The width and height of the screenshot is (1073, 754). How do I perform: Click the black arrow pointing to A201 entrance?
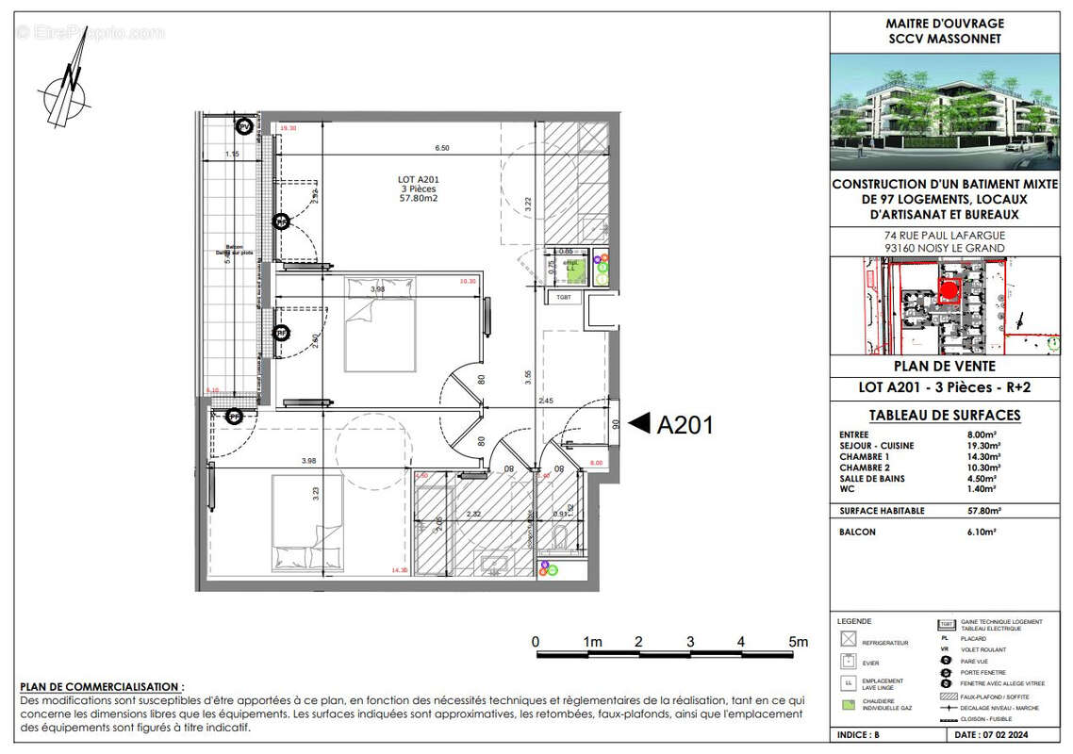coord(640,424)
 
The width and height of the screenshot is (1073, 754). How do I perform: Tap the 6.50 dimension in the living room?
coord(441,148)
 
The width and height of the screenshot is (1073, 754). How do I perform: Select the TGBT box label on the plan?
coord(564,298)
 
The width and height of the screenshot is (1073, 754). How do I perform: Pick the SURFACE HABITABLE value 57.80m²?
coord(982,511)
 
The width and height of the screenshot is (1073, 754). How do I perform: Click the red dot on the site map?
coord(949,272)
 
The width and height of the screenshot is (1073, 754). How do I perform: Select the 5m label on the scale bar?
coord(799,643)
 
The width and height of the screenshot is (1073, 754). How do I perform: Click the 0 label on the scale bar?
coord(536,643)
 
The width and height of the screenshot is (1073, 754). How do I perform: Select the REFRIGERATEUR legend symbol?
coord(850,639)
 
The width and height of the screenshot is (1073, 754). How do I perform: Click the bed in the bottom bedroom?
coord(307,523)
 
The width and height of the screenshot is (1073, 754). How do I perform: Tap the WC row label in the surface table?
coord(847,489)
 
